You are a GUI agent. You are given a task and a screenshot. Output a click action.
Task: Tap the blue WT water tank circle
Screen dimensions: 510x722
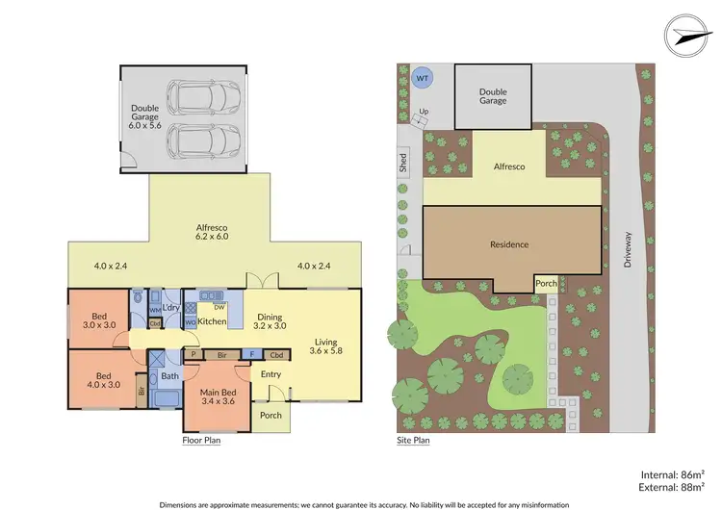click(422, 77)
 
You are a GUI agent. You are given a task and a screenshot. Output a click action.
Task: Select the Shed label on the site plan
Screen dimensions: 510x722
click(402, 163)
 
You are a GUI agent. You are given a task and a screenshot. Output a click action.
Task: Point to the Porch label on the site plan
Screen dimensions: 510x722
click(547, 283)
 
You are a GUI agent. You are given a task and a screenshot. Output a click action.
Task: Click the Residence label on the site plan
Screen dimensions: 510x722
click(508, 244)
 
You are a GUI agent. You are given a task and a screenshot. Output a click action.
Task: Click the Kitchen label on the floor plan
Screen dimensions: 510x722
click(212, 320)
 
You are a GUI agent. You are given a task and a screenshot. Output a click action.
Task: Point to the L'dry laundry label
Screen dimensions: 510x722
click(172, 307)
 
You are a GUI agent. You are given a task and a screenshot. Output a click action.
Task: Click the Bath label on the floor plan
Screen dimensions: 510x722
click(170, 376)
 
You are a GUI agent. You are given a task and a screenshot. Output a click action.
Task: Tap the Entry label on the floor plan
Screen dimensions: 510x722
click(271, 375)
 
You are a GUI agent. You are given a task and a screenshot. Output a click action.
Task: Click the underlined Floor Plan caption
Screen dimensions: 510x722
click(202, 441)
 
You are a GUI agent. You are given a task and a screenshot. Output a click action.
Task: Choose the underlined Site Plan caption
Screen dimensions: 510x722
click(413, 441)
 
